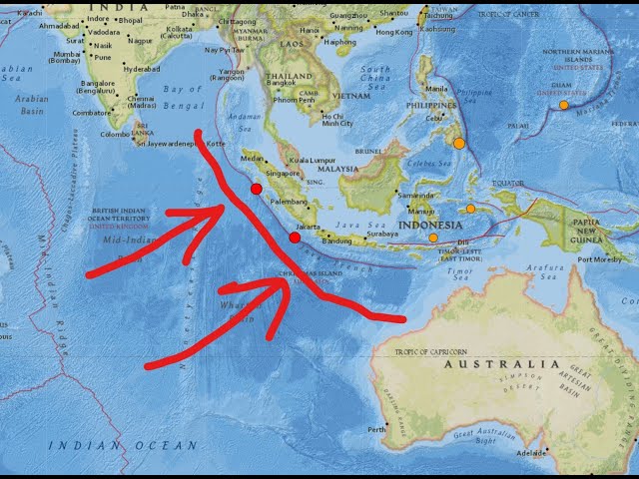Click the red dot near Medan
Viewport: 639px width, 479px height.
tap(257, 189)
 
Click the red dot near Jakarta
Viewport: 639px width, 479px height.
tap(295, 238)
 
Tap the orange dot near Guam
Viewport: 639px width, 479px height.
tap(564, 105)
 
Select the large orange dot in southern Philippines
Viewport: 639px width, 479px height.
tap(459, 143)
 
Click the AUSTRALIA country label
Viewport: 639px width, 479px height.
tap(501, 364)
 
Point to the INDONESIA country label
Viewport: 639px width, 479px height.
tap(430, 226)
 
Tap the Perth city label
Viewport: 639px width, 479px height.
tap(376, 430)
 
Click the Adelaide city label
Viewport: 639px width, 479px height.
tap(530, 452)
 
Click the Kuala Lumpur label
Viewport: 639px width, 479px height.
tap(312, 160)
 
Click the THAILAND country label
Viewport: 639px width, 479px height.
tap(290, 76)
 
